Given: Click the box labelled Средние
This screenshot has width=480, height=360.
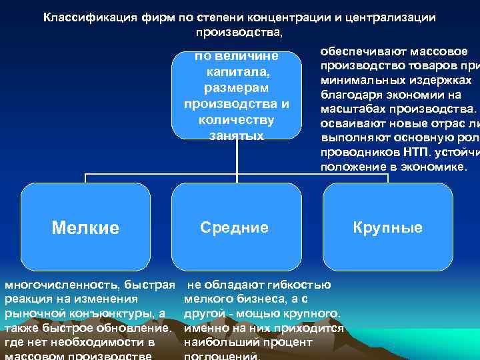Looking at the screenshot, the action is [x=235, y=227].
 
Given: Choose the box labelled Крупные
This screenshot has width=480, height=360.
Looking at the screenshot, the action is [x=388, y=227].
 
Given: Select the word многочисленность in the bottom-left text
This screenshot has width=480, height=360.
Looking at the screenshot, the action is [x=56, y=285].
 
